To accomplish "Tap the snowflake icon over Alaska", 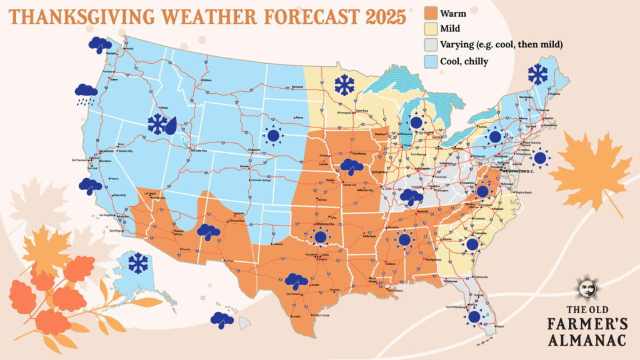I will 137,262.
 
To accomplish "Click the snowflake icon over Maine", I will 537,74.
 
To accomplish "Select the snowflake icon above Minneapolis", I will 343,84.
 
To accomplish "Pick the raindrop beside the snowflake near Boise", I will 171,125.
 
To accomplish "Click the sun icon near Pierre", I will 272,134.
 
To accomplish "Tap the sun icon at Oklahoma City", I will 321,237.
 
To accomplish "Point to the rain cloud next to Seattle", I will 99,44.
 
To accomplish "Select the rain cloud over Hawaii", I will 221,320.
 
